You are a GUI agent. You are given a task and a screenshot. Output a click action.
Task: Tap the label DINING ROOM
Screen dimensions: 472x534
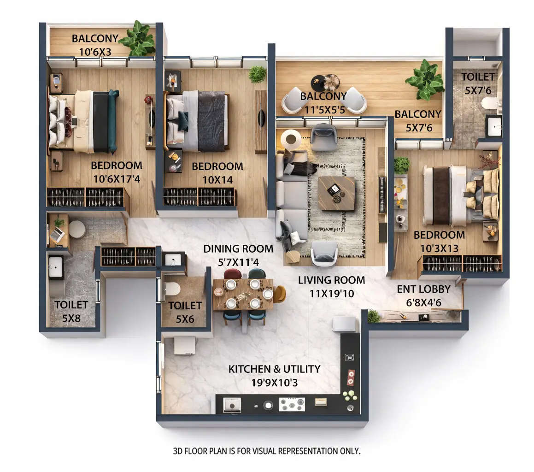(238, 249)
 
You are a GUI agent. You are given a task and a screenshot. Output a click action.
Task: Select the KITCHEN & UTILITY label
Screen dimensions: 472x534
(274, 369)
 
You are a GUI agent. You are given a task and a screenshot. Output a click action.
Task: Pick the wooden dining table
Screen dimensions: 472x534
(243, 295)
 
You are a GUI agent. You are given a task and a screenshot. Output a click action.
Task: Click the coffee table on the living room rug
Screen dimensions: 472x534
(336, 193)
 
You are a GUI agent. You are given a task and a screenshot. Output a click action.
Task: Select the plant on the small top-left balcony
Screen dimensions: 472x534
(137, 39)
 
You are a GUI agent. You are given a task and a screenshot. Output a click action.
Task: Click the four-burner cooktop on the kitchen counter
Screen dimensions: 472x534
(292, 404)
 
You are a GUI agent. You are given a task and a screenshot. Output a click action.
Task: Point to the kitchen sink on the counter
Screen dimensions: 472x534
(232, 405)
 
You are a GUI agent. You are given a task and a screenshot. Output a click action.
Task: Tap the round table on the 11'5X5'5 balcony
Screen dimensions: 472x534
(319, 83)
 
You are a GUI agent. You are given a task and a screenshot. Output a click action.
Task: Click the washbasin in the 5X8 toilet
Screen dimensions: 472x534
(56, 267)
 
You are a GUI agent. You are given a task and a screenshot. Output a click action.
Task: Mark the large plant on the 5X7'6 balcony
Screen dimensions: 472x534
(425, 79)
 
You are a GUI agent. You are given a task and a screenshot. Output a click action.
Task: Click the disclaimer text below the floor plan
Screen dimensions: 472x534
(266, 451)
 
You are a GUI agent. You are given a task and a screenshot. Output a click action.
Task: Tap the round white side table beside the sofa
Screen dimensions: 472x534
(291, 138)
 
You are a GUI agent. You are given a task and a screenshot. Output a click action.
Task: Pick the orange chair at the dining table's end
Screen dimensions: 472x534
(279, 294)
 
